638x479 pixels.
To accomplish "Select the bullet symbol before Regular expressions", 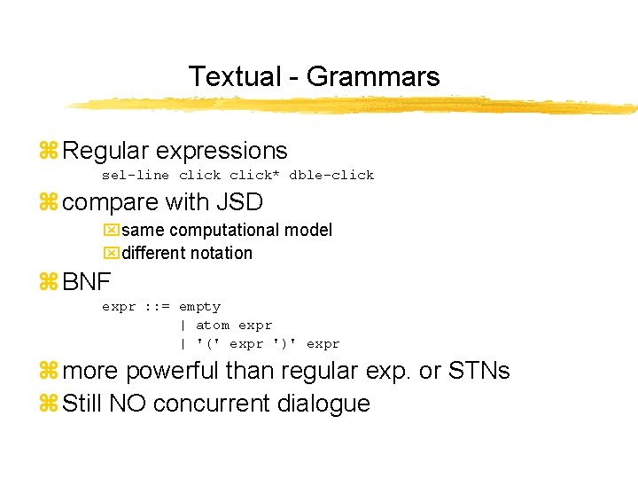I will pos(48,151).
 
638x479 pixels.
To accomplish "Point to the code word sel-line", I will pos(136,175).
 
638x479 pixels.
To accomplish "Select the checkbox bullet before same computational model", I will pos(110,231).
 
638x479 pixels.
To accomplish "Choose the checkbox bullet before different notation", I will pos(110,254).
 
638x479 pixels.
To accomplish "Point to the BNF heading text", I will pos(87,283).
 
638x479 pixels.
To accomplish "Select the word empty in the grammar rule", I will pos(199,307).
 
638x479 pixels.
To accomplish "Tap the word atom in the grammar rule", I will pos(212,326).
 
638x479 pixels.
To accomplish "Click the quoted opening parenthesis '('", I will pos(208,344).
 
